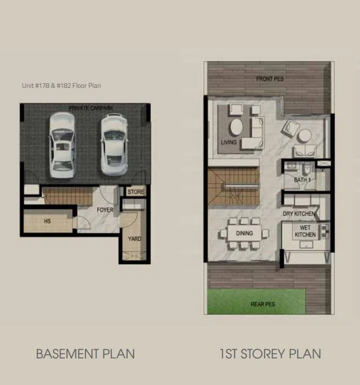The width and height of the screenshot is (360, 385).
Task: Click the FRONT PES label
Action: click(270, 79)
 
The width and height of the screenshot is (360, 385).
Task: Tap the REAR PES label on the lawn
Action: click(263, 304)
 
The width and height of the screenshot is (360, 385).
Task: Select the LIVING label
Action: click(229, 142)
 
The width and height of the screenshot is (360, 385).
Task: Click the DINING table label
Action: click(244, 233)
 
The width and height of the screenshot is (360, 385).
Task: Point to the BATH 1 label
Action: click(302, 180)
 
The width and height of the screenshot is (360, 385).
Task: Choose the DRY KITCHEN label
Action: click(299, 214)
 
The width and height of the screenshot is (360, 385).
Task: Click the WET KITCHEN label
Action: click(305, 231)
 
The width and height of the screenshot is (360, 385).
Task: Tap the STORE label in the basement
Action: click(136, 192)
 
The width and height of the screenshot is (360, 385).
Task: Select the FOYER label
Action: click(105, 210)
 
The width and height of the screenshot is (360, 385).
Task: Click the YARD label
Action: click(135, 239)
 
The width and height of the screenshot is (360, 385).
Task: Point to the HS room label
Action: click(47, 221)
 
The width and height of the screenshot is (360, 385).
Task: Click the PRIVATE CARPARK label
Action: click(91, 108)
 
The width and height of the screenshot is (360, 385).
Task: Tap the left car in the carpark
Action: click(62, 145)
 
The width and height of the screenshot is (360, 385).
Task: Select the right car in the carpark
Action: click(114, 145)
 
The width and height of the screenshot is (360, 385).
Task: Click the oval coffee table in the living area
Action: click(236, 127)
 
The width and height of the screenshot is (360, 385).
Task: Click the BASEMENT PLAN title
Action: click(86, 354)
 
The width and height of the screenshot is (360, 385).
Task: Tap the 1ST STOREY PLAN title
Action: click(270, 354)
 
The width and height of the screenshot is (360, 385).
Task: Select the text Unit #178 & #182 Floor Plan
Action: click(61, 86)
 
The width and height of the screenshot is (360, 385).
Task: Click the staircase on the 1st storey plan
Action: click(233, 186)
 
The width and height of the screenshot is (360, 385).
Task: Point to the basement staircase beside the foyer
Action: click(68, 196)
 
